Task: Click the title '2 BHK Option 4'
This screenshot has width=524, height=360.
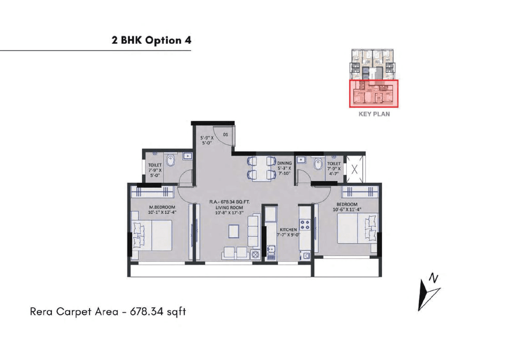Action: pos(151,40)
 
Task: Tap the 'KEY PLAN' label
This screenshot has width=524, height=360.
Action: pos(374,114)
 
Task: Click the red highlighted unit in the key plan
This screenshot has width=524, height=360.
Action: pos(373,94)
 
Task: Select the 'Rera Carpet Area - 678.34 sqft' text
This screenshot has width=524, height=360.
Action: pos(108,312)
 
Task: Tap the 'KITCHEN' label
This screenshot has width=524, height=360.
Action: pos(289,230)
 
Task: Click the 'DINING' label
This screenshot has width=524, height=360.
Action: pos(284,163)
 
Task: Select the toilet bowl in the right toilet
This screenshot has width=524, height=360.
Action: pos(318,164)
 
